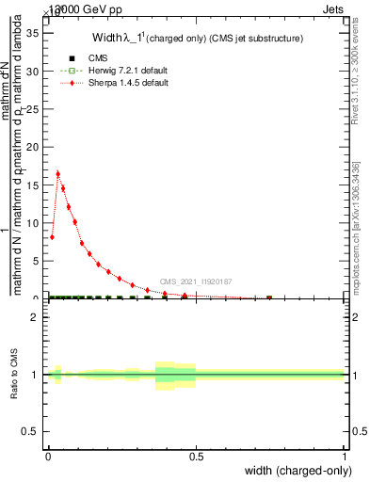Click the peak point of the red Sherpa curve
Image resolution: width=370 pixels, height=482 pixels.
[58, 173]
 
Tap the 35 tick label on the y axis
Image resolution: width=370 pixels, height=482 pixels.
[31, 33]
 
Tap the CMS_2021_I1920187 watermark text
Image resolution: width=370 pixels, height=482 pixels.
[196, 281]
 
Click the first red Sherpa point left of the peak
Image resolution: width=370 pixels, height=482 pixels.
[52, 236]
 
